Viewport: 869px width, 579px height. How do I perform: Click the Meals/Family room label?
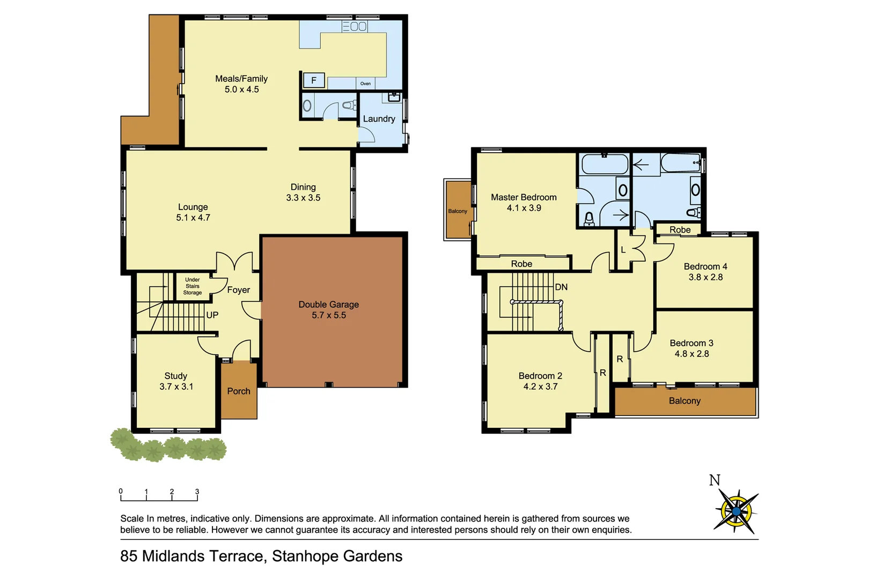click(241, 79)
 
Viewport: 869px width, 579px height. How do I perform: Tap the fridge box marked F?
click(314, 80)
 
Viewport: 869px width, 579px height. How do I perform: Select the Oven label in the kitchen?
click(365, 84)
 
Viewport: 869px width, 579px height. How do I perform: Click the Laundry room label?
click(379, 119)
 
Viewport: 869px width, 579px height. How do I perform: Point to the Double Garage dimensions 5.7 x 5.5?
click(329, 315)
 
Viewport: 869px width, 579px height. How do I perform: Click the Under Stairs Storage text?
click(193, 286)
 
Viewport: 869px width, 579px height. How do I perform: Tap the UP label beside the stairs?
click(212, 315)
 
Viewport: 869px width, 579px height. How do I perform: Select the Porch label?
click(239, 391)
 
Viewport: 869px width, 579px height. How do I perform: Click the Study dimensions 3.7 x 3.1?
click(176, 387)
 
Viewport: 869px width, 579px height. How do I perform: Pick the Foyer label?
click(238, 290)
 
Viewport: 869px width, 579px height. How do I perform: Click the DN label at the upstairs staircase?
click(561, 287)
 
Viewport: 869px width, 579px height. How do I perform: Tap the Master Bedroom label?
click(524, 197)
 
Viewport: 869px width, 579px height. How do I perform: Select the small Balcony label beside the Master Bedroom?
click(458, 211)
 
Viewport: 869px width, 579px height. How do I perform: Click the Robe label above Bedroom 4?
click(680, 230)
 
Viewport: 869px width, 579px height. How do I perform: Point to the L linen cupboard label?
click(623, 250)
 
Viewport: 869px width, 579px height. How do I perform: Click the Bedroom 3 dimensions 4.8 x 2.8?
click(691, 354)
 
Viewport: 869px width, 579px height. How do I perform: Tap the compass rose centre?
click(736, 511)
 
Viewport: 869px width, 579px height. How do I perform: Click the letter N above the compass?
click(715, 480)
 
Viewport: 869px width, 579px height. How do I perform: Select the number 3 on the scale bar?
click(197, 492)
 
